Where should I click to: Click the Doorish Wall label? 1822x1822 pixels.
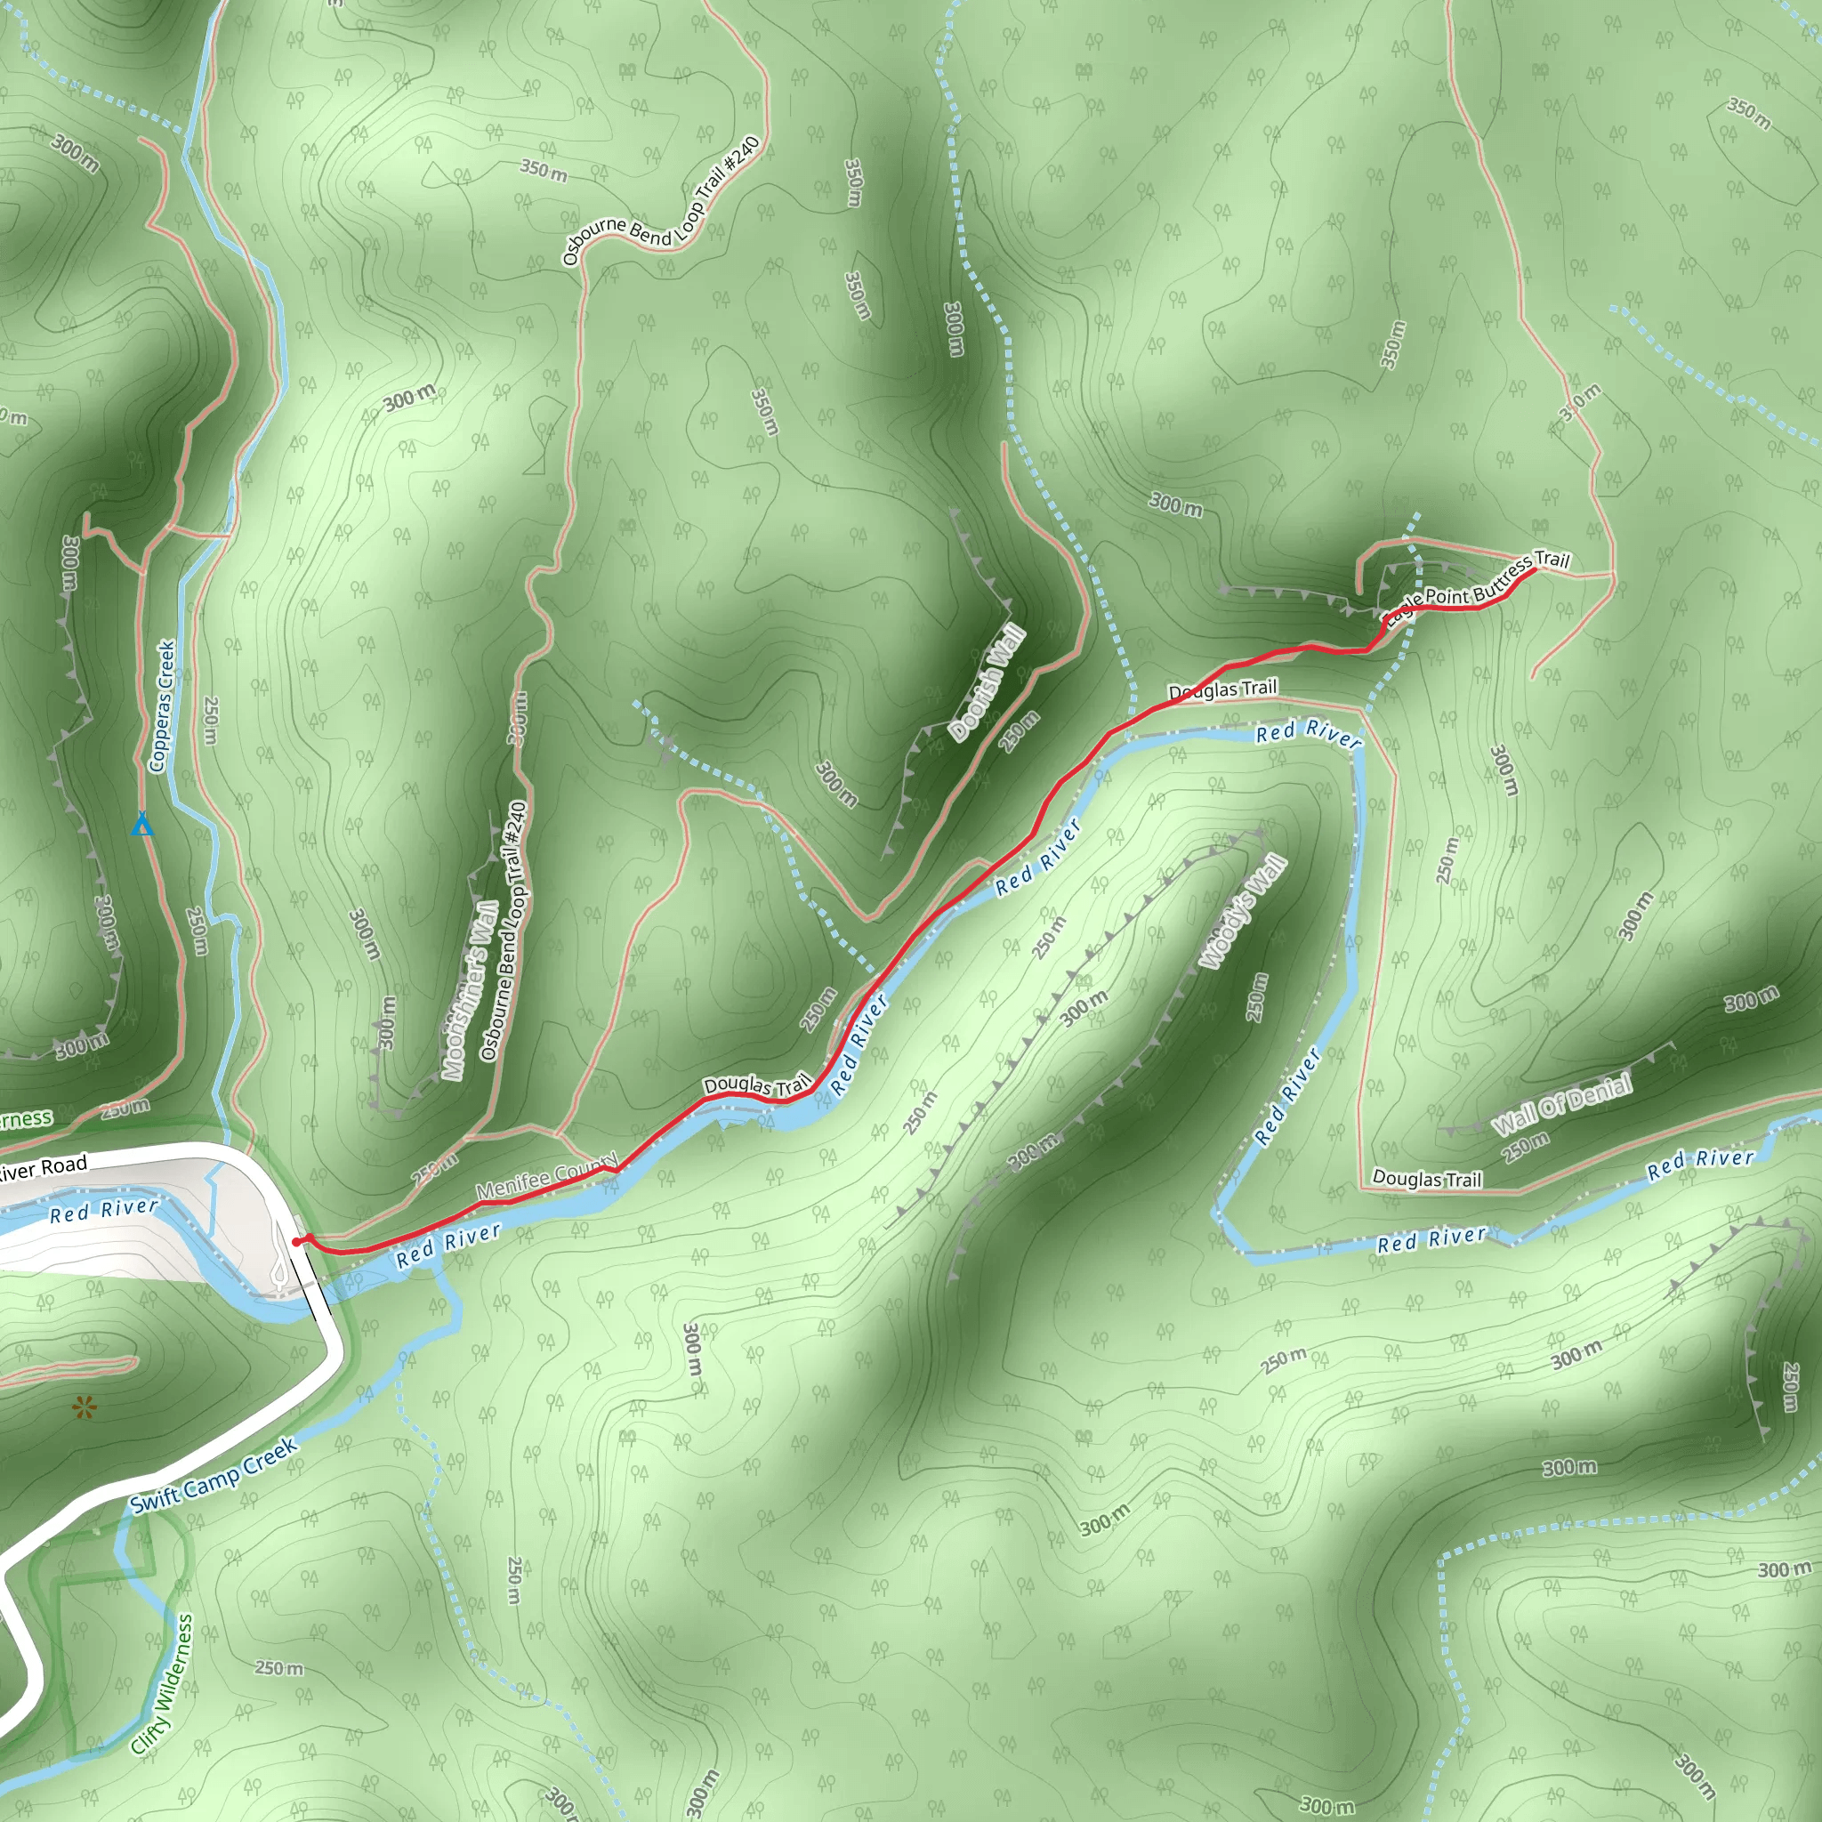point(988,681)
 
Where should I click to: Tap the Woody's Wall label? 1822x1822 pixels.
point(1243,911)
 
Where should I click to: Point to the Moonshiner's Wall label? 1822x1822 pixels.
point(471,990)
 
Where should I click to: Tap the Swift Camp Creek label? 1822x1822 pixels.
point(214,1475)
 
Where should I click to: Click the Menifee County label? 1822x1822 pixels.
point(546,1175)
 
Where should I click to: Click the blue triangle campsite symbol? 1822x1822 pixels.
point(141,826)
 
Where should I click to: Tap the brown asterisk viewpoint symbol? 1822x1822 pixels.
point(84,1409)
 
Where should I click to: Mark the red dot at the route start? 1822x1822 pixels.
point(297,1242)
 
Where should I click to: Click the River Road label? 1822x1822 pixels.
point(44,1168)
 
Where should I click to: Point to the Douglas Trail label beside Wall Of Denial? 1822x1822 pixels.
point(1427,1178)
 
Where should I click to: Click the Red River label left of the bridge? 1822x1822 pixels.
point(104,1210)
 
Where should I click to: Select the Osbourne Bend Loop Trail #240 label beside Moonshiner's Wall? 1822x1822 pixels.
point(504,931)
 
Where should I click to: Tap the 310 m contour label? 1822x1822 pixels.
point(1580,402)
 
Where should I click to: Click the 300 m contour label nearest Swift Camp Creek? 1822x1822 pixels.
point(691,1349)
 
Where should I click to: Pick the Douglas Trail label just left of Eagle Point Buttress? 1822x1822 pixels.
point(1222,689)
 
